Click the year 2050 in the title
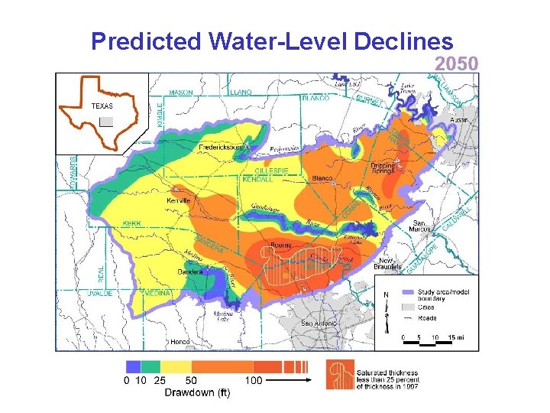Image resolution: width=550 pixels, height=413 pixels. [x=457, y=63]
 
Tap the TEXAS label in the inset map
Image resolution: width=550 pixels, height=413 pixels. [x=102, y=106]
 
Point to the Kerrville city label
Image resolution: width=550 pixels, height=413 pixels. [x=179, y=200]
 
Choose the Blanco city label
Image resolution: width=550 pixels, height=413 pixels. [x=322, y=178]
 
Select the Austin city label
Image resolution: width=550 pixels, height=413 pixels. [x=459, y=120]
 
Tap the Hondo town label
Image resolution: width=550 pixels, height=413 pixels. [x=180, y=341]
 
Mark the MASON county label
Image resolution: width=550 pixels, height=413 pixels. [x=181, y=93]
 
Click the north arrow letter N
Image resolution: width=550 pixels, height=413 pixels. [x=387, y=294]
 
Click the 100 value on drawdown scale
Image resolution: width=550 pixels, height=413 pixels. [x=254, y=380]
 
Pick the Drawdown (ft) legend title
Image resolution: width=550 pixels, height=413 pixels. [x=197, y=393]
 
